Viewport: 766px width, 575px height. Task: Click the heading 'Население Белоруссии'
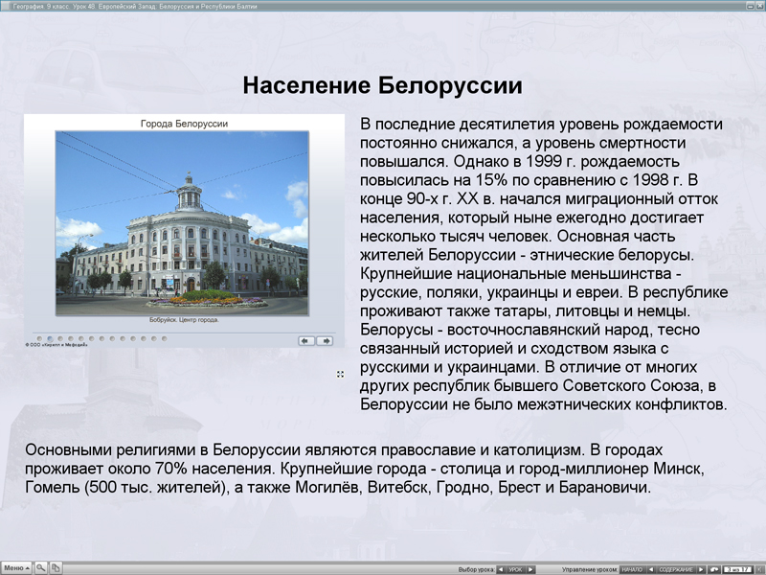click(x=382, y=86)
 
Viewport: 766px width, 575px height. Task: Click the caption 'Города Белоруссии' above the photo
click(x=184, y=124)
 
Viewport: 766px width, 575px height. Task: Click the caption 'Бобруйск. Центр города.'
click(x=184, y=320)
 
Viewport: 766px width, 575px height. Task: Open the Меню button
click(x=16, y=567)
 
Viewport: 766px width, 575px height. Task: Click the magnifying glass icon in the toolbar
click(x=41, y=567)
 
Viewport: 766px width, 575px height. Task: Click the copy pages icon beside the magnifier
click(x=56, y=567)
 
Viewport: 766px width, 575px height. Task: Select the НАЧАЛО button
click(x=632, y=569)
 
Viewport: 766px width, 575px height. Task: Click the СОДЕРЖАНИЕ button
click(x=676, y=569)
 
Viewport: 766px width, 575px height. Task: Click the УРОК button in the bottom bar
click(x=516, y=569)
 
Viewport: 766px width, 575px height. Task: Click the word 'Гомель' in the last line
click(x=52, y=488)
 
